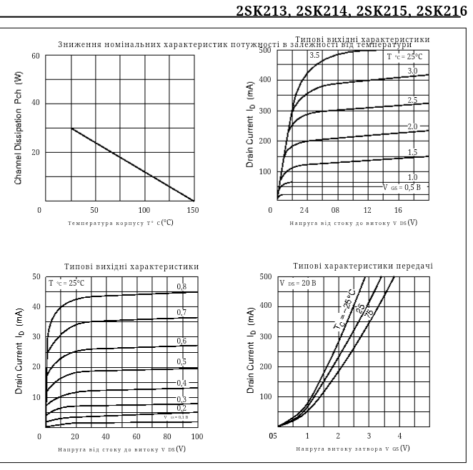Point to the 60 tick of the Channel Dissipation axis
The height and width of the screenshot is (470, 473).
(x=36, y=56)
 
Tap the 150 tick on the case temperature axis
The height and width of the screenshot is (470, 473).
(x=191, y=210)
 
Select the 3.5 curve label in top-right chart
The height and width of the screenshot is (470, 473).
(x=314, y=56)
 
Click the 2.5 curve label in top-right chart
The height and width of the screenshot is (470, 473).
(x=412, y=100)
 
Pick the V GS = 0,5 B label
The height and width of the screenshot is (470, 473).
(x=404, y=186)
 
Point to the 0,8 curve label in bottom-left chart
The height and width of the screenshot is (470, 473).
(x=181, y=286)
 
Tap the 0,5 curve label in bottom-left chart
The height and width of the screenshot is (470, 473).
(x=181, y=362)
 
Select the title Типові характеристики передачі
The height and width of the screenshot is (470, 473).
(x=363, y=266)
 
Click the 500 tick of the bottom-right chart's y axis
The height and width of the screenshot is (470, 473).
(x=265, y=276)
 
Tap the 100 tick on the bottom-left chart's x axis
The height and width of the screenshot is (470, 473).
(x=196, y=436)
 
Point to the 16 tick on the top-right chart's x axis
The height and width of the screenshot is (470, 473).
(x=398, y=210)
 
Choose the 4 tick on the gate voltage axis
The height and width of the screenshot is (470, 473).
(x=399, y=436)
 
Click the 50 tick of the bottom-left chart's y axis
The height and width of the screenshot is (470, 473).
(x=36, y=276)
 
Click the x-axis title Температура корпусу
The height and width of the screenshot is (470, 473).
(x=120, y=223)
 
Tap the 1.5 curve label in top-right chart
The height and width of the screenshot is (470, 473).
(x=412, y=153)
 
